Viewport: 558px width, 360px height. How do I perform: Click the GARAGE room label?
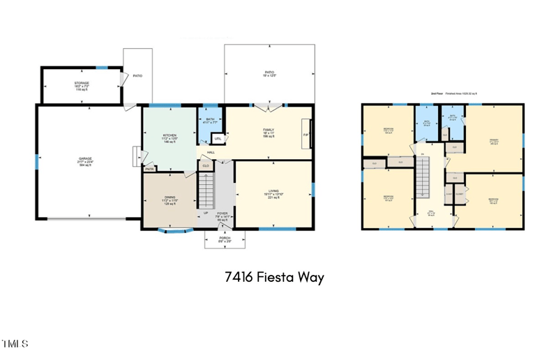coord(85,159)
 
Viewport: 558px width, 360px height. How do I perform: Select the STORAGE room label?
coord(82,83)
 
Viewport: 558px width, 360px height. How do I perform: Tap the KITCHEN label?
coord(169,135)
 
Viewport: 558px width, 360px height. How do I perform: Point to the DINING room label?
coord(169,197)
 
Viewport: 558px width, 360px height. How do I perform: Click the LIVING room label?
coord(274,191)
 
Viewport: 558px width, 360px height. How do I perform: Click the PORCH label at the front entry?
coord(225,238)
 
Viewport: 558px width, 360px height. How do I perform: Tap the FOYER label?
coord(223,213)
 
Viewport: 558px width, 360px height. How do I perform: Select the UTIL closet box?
coord(218,138)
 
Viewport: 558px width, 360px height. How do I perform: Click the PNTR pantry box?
coord(149,168)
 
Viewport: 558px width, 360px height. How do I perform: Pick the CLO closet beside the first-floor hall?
coord(205,165)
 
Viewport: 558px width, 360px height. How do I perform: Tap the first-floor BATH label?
coord(210,119)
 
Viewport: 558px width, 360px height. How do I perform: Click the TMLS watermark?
coord(15,344)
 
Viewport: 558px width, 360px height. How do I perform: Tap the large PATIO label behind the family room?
coord(269,52)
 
